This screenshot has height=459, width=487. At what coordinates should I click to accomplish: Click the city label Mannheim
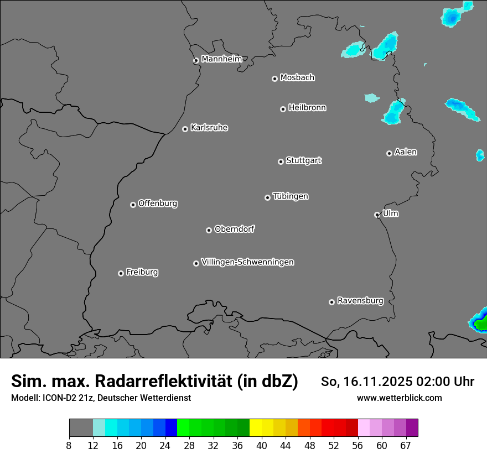pos(221,59)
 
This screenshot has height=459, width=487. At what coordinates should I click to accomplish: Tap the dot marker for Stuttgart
pos(281,161)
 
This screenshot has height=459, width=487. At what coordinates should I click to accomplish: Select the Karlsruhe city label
pos(209,128)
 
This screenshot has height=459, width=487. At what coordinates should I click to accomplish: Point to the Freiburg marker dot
pos(121,273)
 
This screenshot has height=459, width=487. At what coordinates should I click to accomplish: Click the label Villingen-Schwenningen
pos(247,262)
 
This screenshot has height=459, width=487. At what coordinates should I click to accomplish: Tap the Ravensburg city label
pos(360,301)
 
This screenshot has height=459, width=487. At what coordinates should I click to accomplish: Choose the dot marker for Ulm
pos(377,215)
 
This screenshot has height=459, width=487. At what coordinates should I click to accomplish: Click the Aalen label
pos(406,152)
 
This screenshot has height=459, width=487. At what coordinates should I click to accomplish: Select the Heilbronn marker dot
pos(283,109)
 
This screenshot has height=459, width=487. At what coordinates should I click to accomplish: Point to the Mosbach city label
pos(297,78)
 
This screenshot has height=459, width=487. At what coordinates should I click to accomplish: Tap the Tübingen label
pos(291,196)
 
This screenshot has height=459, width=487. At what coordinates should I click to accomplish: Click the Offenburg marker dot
pos(133,205)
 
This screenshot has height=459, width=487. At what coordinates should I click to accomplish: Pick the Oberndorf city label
pos(234,229)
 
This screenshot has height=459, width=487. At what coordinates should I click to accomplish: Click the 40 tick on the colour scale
pos(262,446)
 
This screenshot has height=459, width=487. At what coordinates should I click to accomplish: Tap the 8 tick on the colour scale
pos(69,446)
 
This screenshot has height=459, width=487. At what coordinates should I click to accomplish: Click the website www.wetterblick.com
pos(400,398)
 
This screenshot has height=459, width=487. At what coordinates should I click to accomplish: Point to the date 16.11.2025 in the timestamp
pos(375,382)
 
